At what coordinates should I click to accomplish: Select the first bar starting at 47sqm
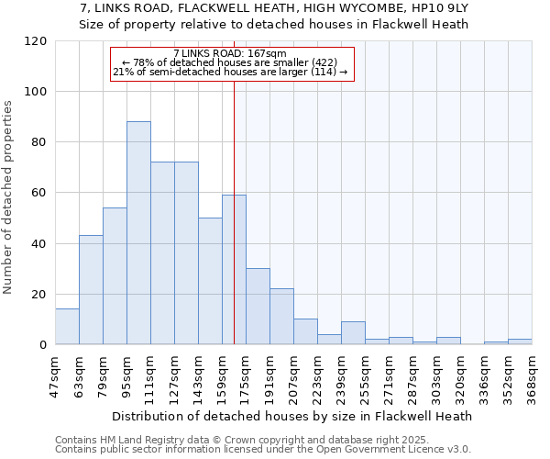point(67,327)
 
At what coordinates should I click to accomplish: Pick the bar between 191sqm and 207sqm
point(281,317)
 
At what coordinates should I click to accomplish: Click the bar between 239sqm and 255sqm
point(353,333)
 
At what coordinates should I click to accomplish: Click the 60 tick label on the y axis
point(39,193)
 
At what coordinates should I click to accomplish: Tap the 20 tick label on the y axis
point(39,295)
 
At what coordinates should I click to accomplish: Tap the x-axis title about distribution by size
point(293,416)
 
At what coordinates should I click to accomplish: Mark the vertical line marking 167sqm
point(234,229)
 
